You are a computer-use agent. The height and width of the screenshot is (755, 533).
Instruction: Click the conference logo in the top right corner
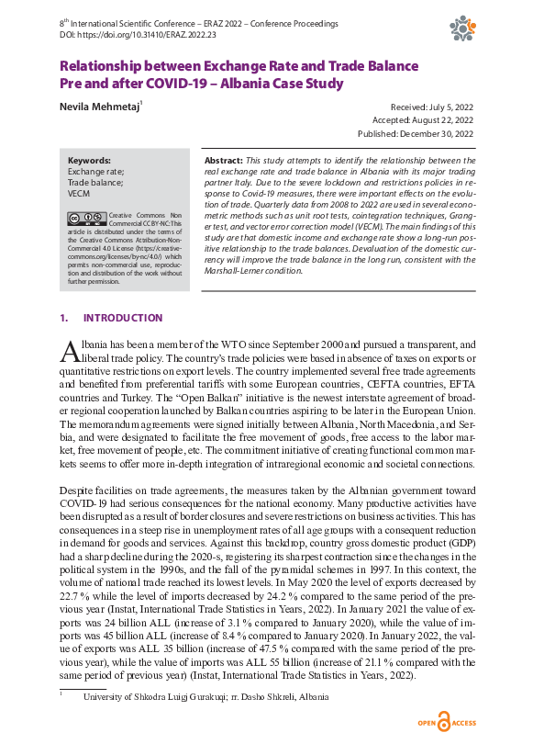pyautogui.click(x=461, y=28)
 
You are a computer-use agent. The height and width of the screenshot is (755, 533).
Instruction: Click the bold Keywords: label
pyautogui.click(x=89, y=160)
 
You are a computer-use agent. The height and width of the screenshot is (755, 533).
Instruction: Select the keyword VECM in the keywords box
pyautogui.click(x=81, y=193)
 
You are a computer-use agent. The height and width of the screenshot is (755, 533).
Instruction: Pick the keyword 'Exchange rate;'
pyautogui.click(x=96, y=171)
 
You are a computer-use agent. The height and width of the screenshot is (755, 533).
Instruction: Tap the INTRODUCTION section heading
pyautogui.click(x=123, y=318)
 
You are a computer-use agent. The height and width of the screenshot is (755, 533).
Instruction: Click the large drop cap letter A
pyautogui.click(x=69, y=350)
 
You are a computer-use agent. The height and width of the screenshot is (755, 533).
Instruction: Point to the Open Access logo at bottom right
pyautogui.click(x=446, y=722)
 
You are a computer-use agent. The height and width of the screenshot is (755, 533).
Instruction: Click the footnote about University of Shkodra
pyautogui.click(x=205, y=697)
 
